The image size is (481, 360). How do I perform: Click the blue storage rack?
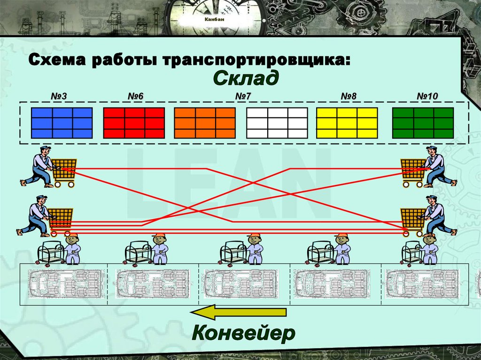coord(62,123)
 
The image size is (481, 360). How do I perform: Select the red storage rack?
coord(134,123)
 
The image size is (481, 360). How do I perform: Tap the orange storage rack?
coord(205,123)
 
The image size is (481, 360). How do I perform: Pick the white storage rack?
coord(277,123)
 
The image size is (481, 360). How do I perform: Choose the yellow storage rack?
coord(347,123)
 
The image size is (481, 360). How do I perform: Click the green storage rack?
coord(423,123)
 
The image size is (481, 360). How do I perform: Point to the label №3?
coord(59,96)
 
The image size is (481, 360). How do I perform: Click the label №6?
coord(135,96)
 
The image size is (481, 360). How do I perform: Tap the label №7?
coord(243,96)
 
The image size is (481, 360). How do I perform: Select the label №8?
coord(349,96)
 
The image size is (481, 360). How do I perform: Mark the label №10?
coord(427,96)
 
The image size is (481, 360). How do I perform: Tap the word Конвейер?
coord(244,333)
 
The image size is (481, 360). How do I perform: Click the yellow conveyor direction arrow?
coord(238,312)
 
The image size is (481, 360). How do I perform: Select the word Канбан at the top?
coord(214,19)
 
